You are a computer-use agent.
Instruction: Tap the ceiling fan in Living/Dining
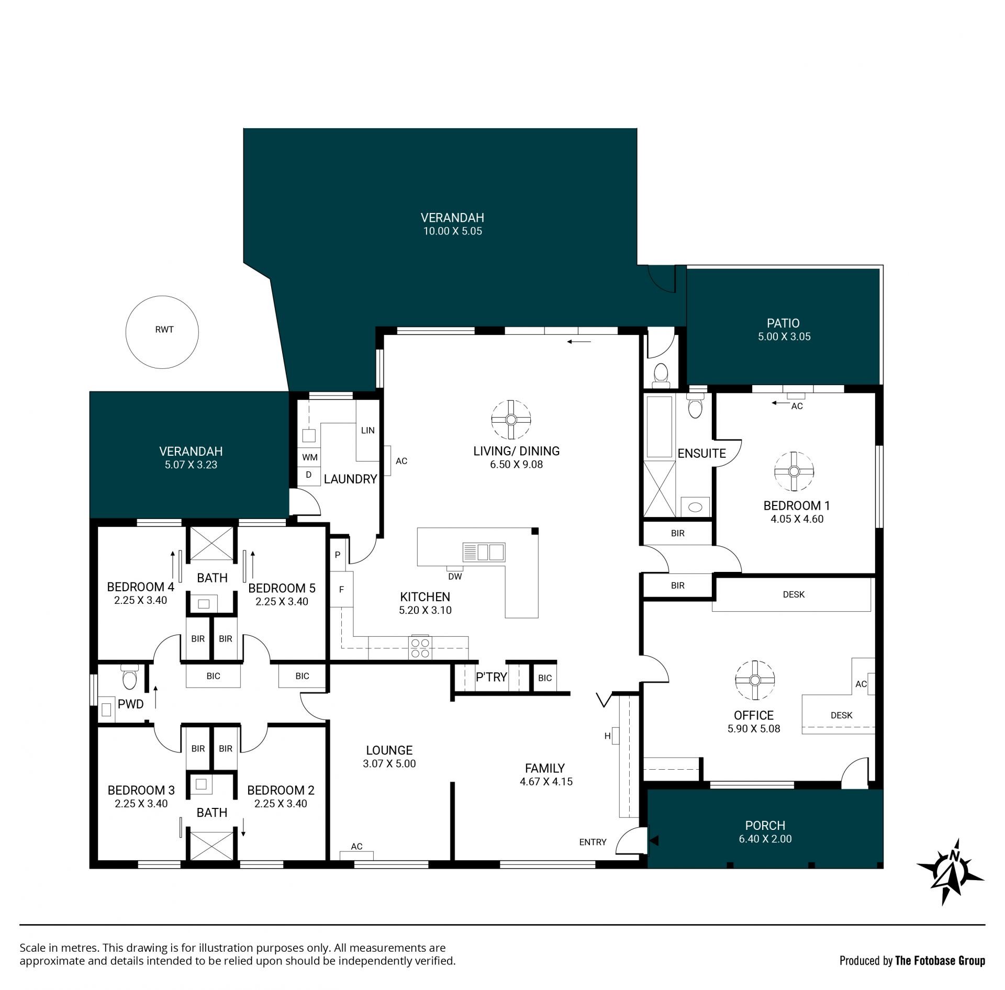(511, 420)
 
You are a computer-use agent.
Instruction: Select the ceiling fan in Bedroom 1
(794, 471)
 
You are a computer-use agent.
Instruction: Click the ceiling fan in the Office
(754, 680)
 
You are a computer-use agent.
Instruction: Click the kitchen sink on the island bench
(484, 552)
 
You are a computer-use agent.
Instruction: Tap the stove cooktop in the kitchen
(421, 647)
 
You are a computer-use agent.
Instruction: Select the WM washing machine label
(310, 457)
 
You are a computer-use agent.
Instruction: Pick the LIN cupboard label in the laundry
(368, 431)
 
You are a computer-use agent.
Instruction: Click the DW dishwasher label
(455, 577)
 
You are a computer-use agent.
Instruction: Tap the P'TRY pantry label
(492, 677)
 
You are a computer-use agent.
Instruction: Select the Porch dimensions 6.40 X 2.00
(765, 839)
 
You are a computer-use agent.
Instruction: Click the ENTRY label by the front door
(593, 842)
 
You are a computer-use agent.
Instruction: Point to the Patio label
(783, 323)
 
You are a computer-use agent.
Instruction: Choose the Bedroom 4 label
(140, 587)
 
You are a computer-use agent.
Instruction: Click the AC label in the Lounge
(356, 847)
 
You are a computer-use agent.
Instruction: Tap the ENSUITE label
(702, 454)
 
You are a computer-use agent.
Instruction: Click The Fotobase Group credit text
(940, 961)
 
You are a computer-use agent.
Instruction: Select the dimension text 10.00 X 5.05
(453, 231)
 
